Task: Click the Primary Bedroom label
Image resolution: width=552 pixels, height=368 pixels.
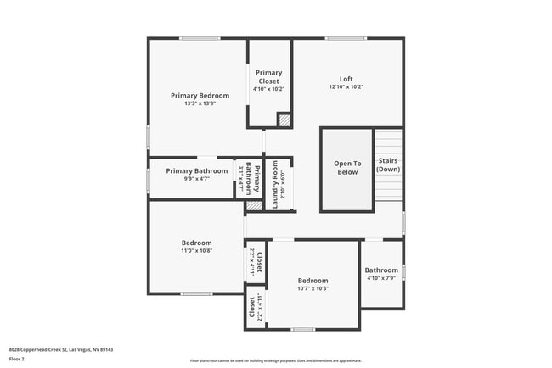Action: [199, 96]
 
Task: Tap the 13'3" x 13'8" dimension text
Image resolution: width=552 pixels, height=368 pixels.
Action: [199, 104]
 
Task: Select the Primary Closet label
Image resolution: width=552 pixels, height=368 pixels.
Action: [269, 77]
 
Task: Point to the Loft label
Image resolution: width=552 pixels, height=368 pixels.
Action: [346, 79]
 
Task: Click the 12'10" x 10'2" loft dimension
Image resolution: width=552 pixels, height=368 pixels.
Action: [346, 87]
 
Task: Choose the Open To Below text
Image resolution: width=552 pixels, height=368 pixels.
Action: [346, 167]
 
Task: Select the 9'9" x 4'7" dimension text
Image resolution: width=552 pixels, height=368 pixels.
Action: [196, 179]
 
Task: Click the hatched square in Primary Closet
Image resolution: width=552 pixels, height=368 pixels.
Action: [284, 120]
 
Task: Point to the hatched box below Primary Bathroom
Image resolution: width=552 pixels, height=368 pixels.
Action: [254, 205]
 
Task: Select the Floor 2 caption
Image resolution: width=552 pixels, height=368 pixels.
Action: [17, 359]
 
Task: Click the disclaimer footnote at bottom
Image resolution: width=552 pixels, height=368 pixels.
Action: [276, 360]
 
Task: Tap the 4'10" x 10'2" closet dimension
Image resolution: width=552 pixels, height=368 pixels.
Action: [269, 89]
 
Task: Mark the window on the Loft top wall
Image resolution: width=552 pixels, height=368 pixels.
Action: [346, 38]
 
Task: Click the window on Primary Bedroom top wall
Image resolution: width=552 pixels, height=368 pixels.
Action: [200, 38]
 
